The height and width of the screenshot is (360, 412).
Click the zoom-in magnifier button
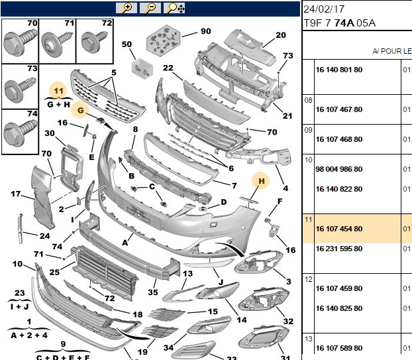pyautogui.click(x=127, y=8)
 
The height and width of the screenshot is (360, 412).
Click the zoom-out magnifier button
pyautogui.click(x=150, y=8)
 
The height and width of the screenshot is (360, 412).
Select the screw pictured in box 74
pyautogui.click(x=21, y=133)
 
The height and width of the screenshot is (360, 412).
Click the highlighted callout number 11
pyautogui.click(x=58, y=91)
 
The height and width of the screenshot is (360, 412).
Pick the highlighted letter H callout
pyautogui.click(x=261, y=181)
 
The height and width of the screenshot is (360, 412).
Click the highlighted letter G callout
pyautogui.click(x=80, y=110)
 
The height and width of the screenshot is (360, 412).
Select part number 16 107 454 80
pyautogui.click(x=339, y=229)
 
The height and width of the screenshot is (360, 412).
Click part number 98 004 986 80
pyautogui.click(x=339, y=169)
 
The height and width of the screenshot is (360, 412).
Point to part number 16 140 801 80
pyautogui.click(x=339, y=70)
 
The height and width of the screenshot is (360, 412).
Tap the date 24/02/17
pyautogui.click(x=324, y=9)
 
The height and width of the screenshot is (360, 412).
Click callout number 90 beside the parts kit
pyautogui.click(x=206, y=31)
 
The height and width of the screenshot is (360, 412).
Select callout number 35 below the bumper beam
pyautogui.click(x=152, y=292)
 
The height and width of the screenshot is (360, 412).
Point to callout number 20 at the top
pyautogui.click(x=281, y=35)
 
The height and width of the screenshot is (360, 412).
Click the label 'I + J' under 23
pyautogui.click(x=20, y=306)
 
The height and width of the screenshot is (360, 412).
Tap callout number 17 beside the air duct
pyautogui.click(x=16, y=194)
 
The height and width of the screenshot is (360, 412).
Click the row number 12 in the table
pyautogui.click(x=309, y=279)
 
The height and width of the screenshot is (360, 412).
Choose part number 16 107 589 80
pyautogui.click(x=339, y=348)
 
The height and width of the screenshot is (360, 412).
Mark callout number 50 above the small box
pyautogui.click(x=127, y=44)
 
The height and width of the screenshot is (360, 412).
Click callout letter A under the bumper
pyautogui.click(x=125, y=243)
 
